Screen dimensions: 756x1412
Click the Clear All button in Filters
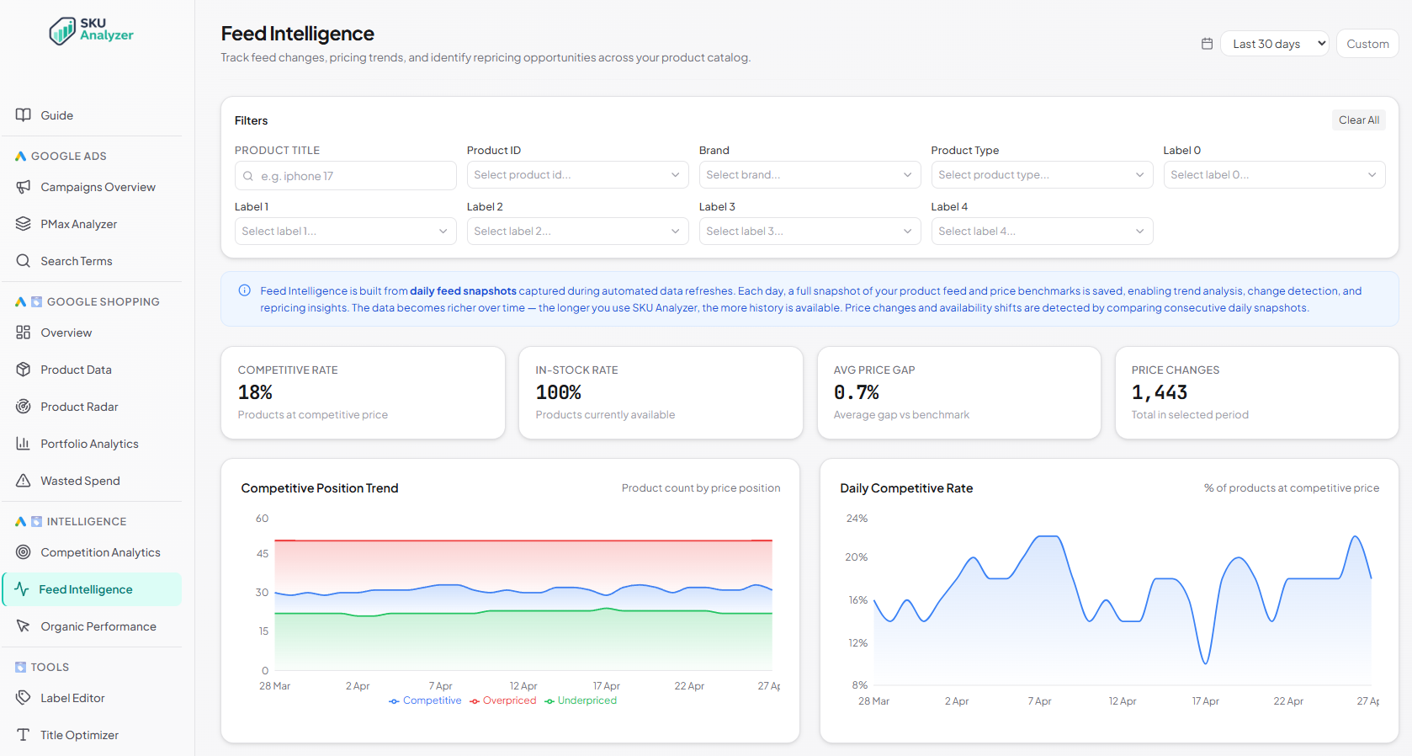[x=1358, y=120]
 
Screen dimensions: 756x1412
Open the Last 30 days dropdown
[x=1274, y=44]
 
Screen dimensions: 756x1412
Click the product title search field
[x=346, y=176]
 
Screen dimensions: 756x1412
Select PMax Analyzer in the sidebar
[x=78, y=224]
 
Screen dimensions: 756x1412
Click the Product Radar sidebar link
[x=79, y=407]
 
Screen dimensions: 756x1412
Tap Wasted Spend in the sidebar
[x=80, y=481]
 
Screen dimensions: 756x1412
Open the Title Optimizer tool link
[x=79, y=735]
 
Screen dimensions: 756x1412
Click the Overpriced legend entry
[x=503, y=700]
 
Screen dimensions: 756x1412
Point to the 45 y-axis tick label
[x=263, y=554]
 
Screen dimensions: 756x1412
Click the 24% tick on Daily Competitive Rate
[x=857, y=519]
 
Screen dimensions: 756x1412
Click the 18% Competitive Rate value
[x=255, y=392]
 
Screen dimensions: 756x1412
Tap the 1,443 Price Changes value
[x=1159, y=392]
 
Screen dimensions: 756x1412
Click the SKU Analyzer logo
[x=91, y=30]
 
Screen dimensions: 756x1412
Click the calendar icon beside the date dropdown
[x=1207, y=44]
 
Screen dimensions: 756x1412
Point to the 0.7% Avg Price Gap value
[x=856, y=392]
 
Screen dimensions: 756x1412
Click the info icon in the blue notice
[x=244, y=290]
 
